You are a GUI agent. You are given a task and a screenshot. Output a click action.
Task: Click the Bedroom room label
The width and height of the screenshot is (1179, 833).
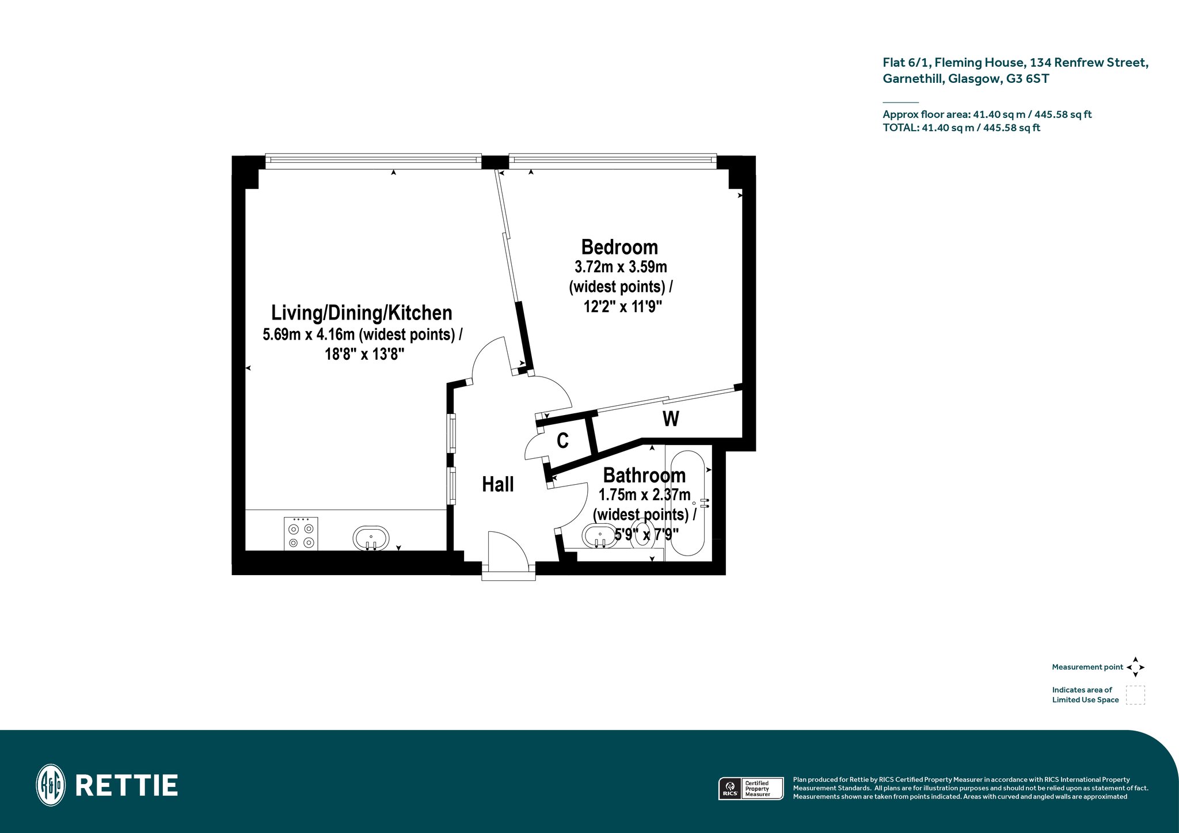tap(619, 247)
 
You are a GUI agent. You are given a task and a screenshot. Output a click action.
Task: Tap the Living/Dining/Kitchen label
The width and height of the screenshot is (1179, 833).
tap(362, 313)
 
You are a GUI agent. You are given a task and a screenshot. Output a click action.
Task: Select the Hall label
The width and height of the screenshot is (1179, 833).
tap(498, 485)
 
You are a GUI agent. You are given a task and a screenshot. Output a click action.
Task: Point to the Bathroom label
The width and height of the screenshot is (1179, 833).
tap(644, 476)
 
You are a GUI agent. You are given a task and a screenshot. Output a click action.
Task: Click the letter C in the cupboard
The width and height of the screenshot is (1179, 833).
tap(562, 441)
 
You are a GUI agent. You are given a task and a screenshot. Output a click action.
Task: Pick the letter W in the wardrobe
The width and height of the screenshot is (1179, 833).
tap(671, 419)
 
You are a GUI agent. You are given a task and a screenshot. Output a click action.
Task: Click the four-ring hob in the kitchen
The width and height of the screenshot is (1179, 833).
tap(301, 534)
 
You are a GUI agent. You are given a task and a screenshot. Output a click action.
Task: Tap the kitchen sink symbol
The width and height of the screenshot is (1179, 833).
tap(371, 538)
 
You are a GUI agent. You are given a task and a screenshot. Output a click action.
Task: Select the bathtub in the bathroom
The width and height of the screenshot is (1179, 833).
tap(688, 503)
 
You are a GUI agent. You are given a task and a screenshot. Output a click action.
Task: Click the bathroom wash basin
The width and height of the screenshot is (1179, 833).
tap(600, 537)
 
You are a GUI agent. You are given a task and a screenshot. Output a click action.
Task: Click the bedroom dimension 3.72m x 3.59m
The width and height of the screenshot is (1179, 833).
tap(621, 267)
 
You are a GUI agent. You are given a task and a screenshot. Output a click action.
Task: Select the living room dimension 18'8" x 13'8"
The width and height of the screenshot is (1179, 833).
tap(364, 353)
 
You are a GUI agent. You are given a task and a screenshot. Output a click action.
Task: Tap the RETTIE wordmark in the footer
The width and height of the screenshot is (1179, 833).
tap(127, 785)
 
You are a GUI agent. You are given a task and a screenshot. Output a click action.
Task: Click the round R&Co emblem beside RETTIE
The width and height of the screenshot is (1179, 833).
tap(51, 785)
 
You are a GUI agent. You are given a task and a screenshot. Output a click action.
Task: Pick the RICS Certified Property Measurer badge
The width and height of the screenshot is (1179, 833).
tap(751, 788)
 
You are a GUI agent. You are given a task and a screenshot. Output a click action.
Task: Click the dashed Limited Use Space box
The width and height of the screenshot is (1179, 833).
tap(1135, 695)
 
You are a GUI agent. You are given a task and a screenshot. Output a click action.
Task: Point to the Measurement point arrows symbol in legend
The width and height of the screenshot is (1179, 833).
tap(1135, 667)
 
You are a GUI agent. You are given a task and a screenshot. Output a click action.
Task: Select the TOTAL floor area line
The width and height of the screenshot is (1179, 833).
tap(961, 128)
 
